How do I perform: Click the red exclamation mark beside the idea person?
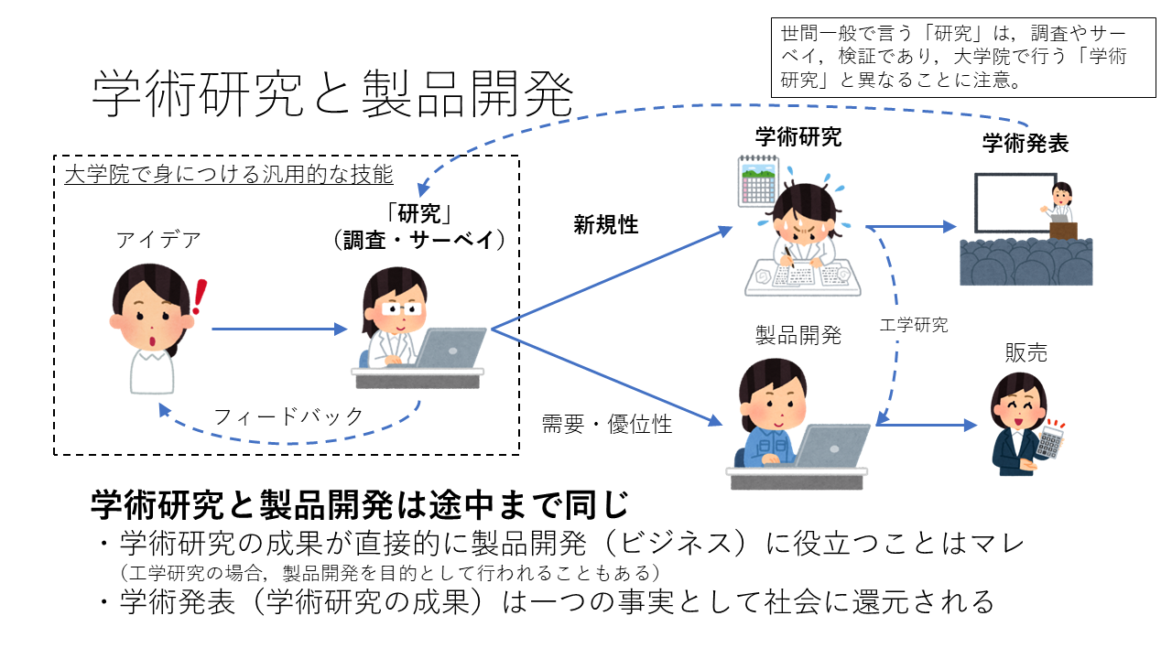coord(200,297)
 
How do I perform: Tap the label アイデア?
coord(158,240)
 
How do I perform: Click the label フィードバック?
coord(288,416)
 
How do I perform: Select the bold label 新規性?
coord(606,225)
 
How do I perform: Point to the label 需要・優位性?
coord(606,424)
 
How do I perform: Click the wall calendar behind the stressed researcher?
coord(758,180)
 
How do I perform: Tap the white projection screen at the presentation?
coord(1014,203)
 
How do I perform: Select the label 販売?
coord(1026,352)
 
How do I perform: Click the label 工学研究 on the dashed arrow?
coord(914,325)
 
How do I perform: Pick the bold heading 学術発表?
coord(1025,144)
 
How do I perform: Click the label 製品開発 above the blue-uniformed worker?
coord(798,335)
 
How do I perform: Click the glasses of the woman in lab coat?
coord(401,308)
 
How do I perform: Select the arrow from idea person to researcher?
coord(279,329)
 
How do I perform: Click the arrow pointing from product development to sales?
coord(927,425)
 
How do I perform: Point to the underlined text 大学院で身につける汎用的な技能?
coord(229,174)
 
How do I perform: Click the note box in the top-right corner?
coord(963,58)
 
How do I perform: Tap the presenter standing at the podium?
coord(1060,203)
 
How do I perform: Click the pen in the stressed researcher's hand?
coord(788,256)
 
